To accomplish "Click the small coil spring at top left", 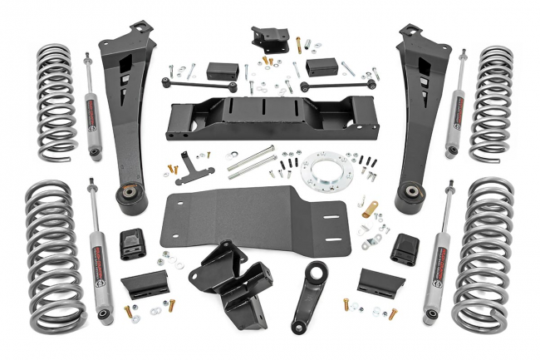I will tap(56, 101).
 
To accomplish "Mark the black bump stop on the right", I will tap(405, 246).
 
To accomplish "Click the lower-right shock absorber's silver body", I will tap(437, 262).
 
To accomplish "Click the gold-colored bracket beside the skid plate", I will tap(370, 210).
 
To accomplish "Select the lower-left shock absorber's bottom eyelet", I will tap(103, 317).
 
